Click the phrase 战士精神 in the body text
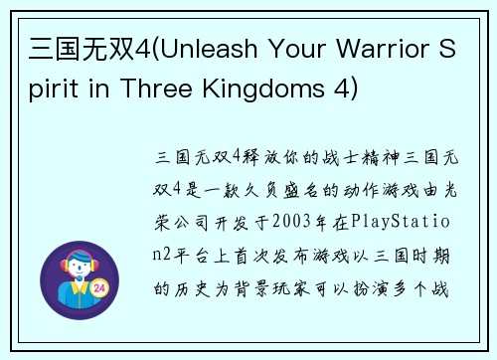tap(352, 157)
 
